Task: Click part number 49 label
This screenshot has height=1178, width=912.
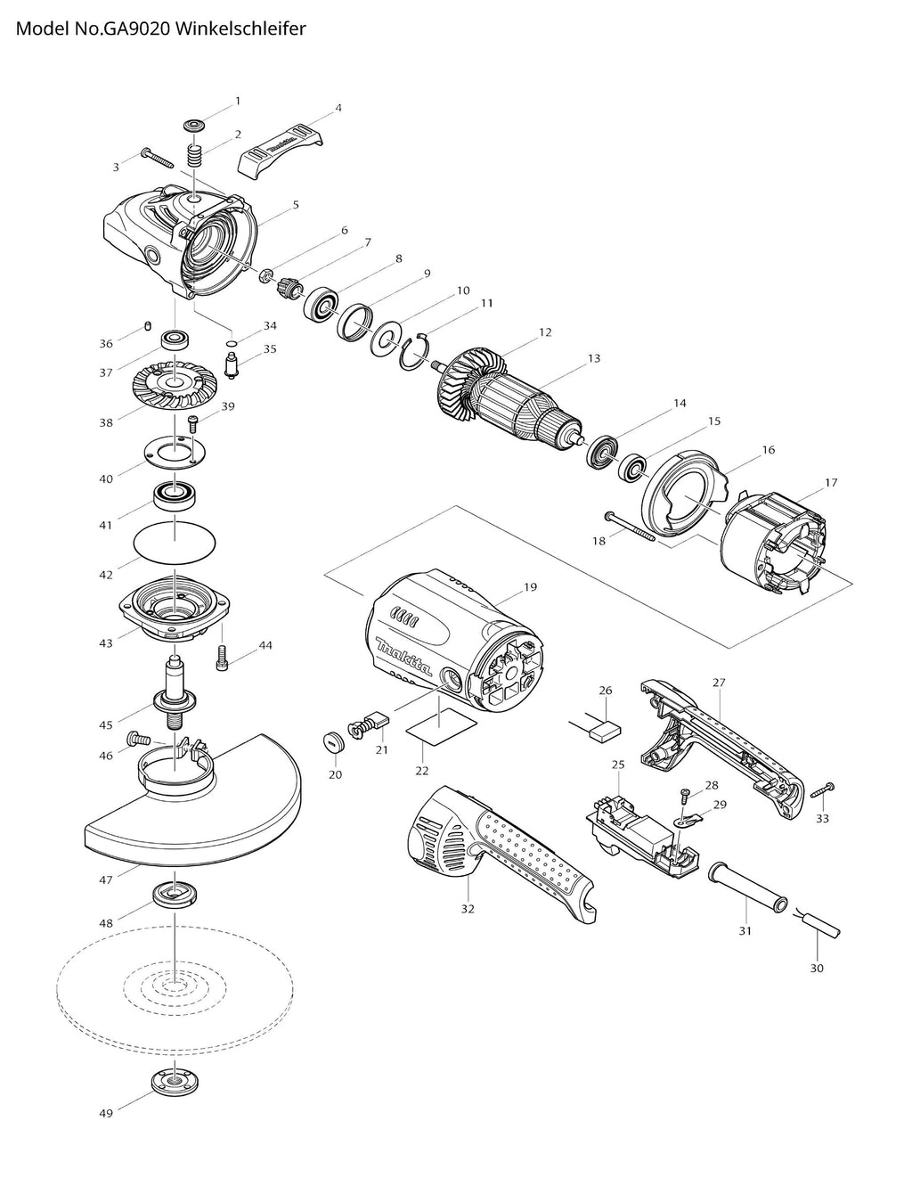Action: (106, 1113)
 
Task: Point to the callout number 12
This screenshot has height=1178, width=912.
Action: (545, 332)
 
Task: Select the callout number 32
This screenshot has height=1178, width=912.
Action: (468, 909)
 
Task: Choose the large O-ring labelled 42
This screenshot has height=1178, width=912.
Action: (175, 541)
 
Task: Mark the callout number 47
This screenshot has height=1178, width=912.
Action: (106, 879)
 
